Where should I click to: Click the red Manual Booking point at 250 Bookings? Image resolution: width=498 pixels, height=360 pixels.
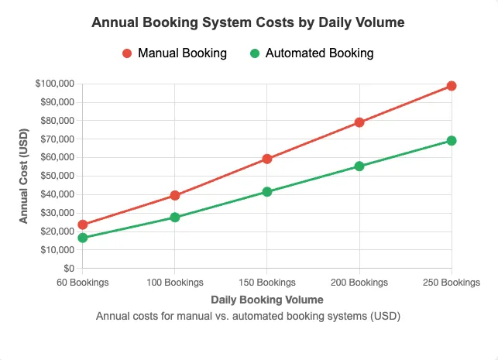click(x=452, y=86)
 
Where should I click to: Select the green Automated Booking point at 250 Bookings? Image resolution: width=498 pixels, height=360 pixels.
click(x=452, y=141)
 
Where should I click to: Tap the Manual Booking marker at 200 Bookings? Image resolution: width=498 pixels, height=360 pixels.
click(x=359, y=122)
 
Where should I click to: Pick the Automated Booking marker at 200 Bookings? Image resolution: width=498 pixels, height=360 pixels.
click(x=359, y=166)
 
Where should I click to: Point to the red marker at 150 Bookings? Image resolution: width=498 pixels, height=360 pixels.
click(x=267, y=159)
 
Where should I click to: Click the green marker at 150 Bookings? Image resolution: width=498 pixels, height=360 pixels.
click(x=267, y=191)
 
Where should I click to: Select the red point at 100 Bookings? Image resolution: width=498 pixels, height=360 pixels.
click(x=175, y=195)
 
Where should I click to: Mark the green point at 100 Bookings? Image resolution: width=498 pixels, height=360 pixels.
click(x=175, y=218)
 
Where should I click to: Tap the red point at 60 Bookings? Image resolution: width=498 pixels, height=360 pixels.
click(x=83, y=225)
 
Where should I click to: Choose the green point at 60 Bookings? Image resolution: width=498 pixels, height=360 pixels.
click(x=83, y=238)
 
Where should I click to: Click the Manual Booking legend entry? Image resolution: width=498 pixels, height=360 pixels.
click(x=174, y=53)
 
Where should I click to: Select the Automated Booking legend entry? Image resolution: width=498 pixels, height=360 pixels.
click(x=311, y=53)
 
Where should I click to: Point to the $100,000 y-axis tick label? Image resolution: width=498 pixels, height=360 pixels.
click(x=54, y=84)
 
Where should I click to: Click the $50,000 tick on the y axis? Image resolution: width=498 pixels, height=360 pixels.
click(x=57, y=176)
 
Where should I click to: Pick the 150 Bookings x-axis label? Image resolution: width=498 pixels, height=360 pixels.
click(x=267, y=283)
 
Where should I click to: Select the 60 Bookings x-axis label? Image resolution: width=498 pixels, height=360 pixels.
click(x=83, y=283)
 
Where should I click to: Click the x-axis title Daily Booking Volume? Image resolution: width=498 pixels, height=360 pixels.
click(x=266, y=299)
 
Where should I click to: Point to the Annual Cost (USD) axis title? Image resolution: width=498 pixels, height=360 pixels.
click(x=24, y=176)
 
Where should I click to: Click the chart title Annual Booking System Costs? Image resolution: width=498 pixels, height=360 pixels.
click(x=248, y=22)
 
